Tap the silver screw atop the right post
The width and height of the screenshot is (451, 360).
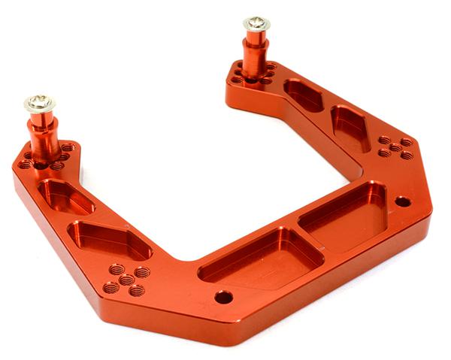pyautogui.click(x=256, y=23)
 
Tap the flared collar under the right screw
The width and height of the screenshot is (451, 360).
pyautogui.click(x=256, y=37)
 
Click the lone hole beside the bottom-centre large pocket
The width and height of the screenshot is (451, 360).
pyautogui.click(x=223, y=297)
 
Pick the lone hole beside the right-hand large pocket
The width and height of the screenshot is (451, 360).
pyautogui.click(x=402, y=201)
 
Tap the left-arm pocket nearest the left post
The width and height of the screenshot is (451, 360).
pyautogui.click(x=66, y=197)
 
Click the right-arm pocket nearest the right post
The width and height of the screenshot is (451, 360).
pyautogui.click(x=303, y=95)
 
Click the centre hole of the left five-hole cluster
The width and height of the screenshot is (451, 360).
pyautogui.click(x=126, y=280)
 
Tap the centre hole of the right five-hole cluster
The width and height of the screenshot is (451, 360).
pyautogui.click(x=395, y=147)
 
